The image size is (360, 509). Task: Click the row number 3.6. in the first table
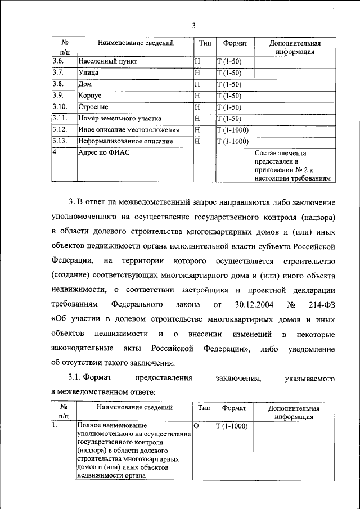coord(59,61)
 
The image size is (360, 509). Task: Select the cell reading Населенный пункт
coord(107,61)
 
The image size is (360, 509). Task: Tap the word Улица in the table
coord(89,73)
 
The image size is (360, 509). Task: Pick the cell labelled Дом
coord(85,84)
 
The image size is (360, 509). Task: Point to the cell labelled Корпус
coord(90,96)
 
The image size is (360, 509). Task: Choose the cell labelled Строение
coord(93,107)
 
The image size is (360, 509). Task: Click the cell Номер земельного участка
coord(120,118)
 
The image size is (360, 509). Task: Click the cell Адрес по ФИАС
coord(103,152)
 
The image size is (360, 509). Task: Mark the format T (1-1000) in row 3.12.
coord(232,130)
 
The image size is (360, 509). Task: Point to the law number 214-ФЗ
coord(321,304)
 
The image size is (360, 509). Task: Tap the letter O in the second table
coord(197,426)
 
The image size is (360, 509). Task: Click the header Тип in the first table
coord(204,43)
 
